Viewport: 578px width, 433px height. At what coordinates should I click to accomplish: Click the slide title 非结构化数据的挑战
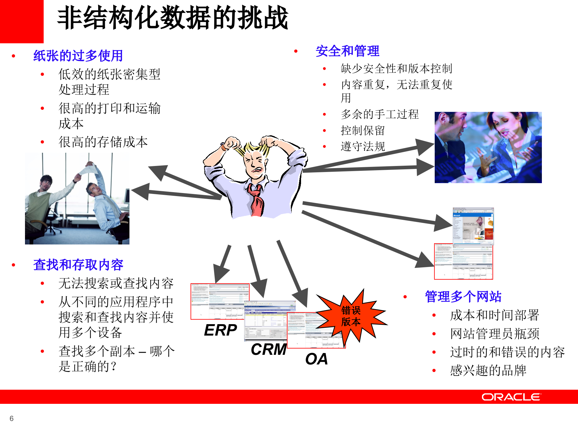[172, 18]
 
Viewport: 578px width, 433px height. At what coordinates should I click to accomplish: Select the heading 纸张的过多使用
[78, 56]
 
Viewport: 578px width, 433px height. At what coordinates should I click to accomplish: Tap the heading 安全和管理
[347, 51]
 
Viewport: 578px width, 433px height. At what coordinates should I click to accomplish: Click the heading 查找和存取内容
[78, 265]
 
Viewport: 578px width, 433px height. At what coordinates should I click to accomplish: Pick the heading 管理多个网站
[463, 297]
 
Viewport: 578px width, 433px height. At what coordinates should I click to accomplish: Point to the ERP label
[220, 330]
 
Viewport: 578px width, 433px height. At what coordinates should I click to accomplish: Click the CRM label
[269, 349]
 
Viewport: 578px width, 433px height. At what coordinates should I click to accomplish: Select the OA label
[316, 359]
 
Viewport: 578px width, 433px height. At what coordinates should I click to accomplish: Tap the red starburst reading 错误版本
[351, 316]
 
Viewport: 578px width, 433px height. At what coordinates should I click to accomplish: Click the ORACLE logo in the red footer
[511, 397]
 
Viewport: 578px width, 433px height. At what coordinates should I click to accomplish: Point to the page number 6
[11, 418]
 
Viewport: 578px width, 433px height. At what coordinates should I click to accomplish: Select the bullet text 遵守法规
[363, 146]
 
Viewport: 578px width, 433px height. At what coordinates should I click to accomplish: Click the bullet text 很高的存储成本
[103, 142]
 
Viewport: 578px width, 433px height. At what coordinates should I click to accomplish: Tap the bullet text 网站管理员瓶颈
[495, 334]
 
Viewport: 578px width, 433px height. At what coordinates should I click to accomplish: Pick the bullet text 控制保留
[362, 131]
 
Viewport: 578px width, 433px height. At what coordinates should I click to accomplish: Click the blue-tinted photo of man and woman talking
[488, 147]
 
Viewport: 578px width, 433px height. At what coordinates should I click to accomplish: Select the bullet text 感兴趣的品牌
[488, 370]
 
